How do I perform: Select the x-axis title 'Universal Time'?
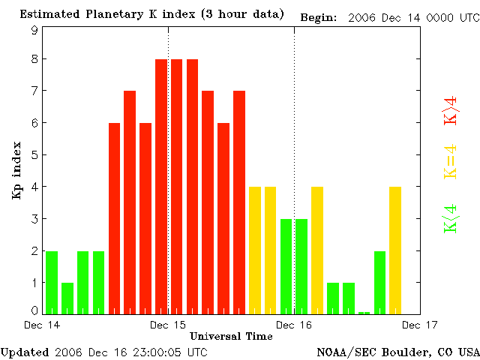tap(231, 336)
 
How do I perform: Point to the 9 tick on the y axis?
tap(34, 30)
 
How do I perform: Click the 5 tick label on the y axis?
tap(34, 155)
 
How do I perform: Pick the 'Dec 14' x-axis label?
tap(43, 325)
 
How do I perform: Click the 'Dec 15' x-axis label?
tap(168, 325)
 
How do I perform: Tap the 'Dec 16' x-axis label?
tap(294, 325)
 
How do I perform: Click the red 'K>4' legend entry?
tap(451, 106)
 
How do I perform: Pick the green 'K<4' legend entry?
tap(451, 219)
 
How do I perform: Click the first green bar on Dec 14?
tap(52, 282)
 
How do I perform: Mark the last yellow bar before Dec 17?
tap(395, 250)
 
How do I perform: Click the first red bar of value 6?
tap(114, 218)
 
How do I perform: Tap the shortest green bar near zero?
tap(364, 313)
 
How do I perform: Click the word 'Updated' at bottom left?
tap(25, 352)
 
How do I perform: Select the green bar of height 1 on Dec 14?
tap(67, 298)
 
